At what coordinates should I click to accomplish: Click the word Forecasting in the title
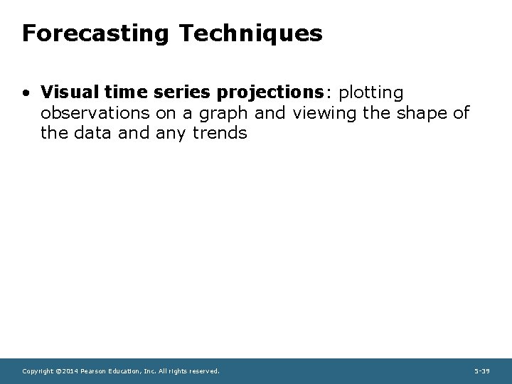(94, 33)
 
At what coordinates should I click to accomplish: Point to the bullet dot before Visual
(26, 93)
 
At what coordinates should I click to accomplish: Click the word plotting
(372, 93)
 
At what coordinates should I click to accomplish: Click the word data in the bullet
(90, 132)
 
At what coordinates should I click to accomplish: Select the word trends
(220, 132)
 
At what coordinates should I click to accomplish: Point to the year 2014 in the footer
(70, 371)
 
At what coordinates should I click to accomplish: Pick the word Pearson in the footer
(95, 371)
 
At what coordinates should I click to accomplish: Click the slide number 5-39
(481, 371)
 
